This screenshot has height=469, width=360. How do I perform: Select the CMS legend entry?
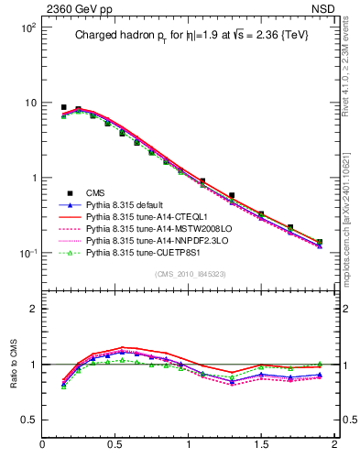point(96,193)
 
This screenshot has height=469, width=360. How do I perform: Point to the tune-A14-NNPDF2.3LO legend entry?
point(151,241)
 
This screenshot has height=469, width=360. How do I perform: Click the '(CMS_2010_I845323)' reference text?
point(189,272)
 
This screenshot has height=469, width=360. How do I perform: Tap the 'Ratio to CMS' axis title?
point(15,364)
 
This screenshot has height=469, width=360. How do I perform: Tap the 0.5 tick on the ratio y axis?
point(27,420)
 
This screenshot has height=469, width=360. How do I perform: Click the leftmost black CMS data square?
point(63,107)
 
